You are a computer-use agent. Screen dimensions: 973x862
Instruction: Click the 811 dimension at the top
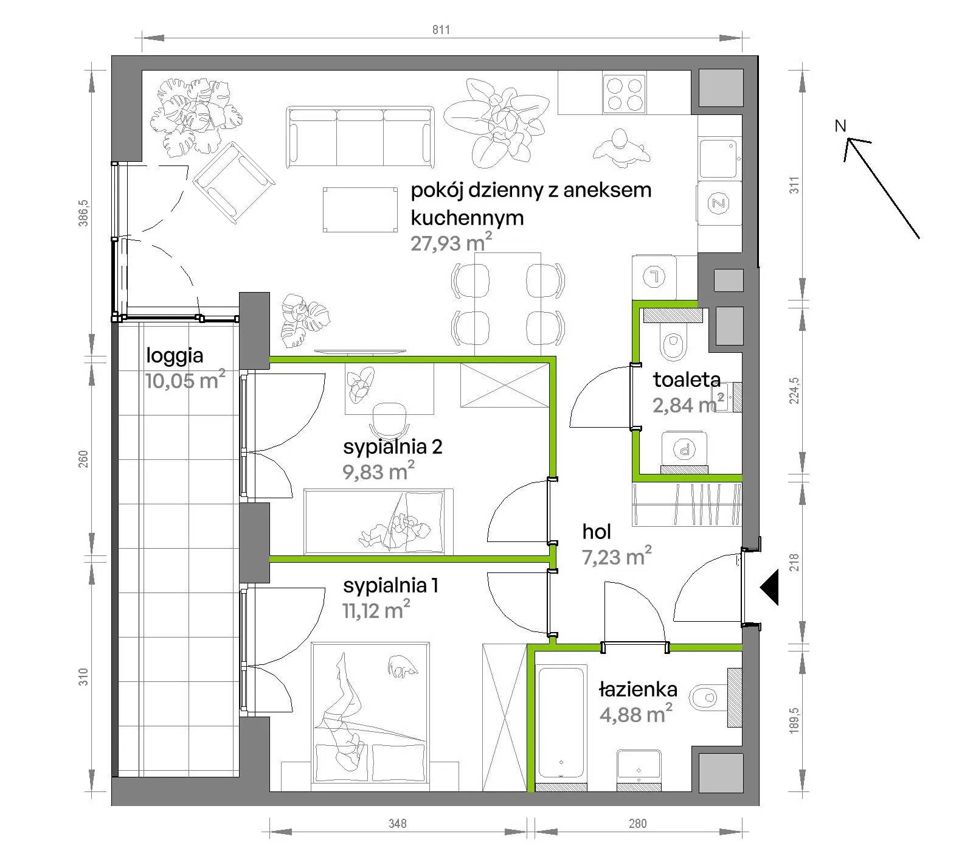tap(441, 29)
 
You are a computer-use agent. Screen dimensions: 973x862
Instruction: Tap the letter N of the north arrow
tap(840, 126)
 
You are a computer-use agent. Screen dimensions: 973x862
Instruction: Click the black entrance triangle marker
tap(769, 588)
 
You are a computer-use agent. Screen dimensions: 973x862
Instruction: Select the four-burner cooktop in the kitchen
tap(624, 93)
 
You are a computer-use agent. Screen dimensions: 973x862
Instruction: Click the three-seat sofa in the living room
tap(362, 137)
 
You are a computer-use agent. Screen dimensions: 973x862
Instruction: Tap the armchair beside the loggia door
tap(234, 182)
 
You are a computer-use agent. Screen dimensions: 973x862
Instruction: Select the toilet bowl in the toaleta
tap(672, 344)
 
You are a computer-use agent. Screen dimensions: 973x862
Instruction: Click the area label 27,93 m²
tap(451, 242)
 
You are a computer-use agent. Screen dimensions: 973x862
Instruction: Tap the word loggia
tap(175, 355)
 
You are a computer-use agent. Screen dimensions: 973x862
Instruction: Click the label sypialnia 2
tap(393, 447)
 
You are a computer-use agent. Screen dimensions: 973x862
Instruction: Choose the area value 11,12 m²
tap(376, 610)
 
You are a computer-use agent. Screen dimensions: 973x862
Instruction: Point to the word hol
tap(597, 532)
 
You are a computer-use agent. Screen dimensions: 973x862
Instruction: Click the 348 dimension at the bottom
tap(398, 824)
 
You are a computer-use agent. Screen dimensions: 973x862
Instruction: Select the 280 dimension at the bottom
tap(638, 824)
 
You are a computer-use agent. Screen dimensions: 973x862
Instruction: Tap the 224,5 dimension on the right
tap(794, 391)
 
